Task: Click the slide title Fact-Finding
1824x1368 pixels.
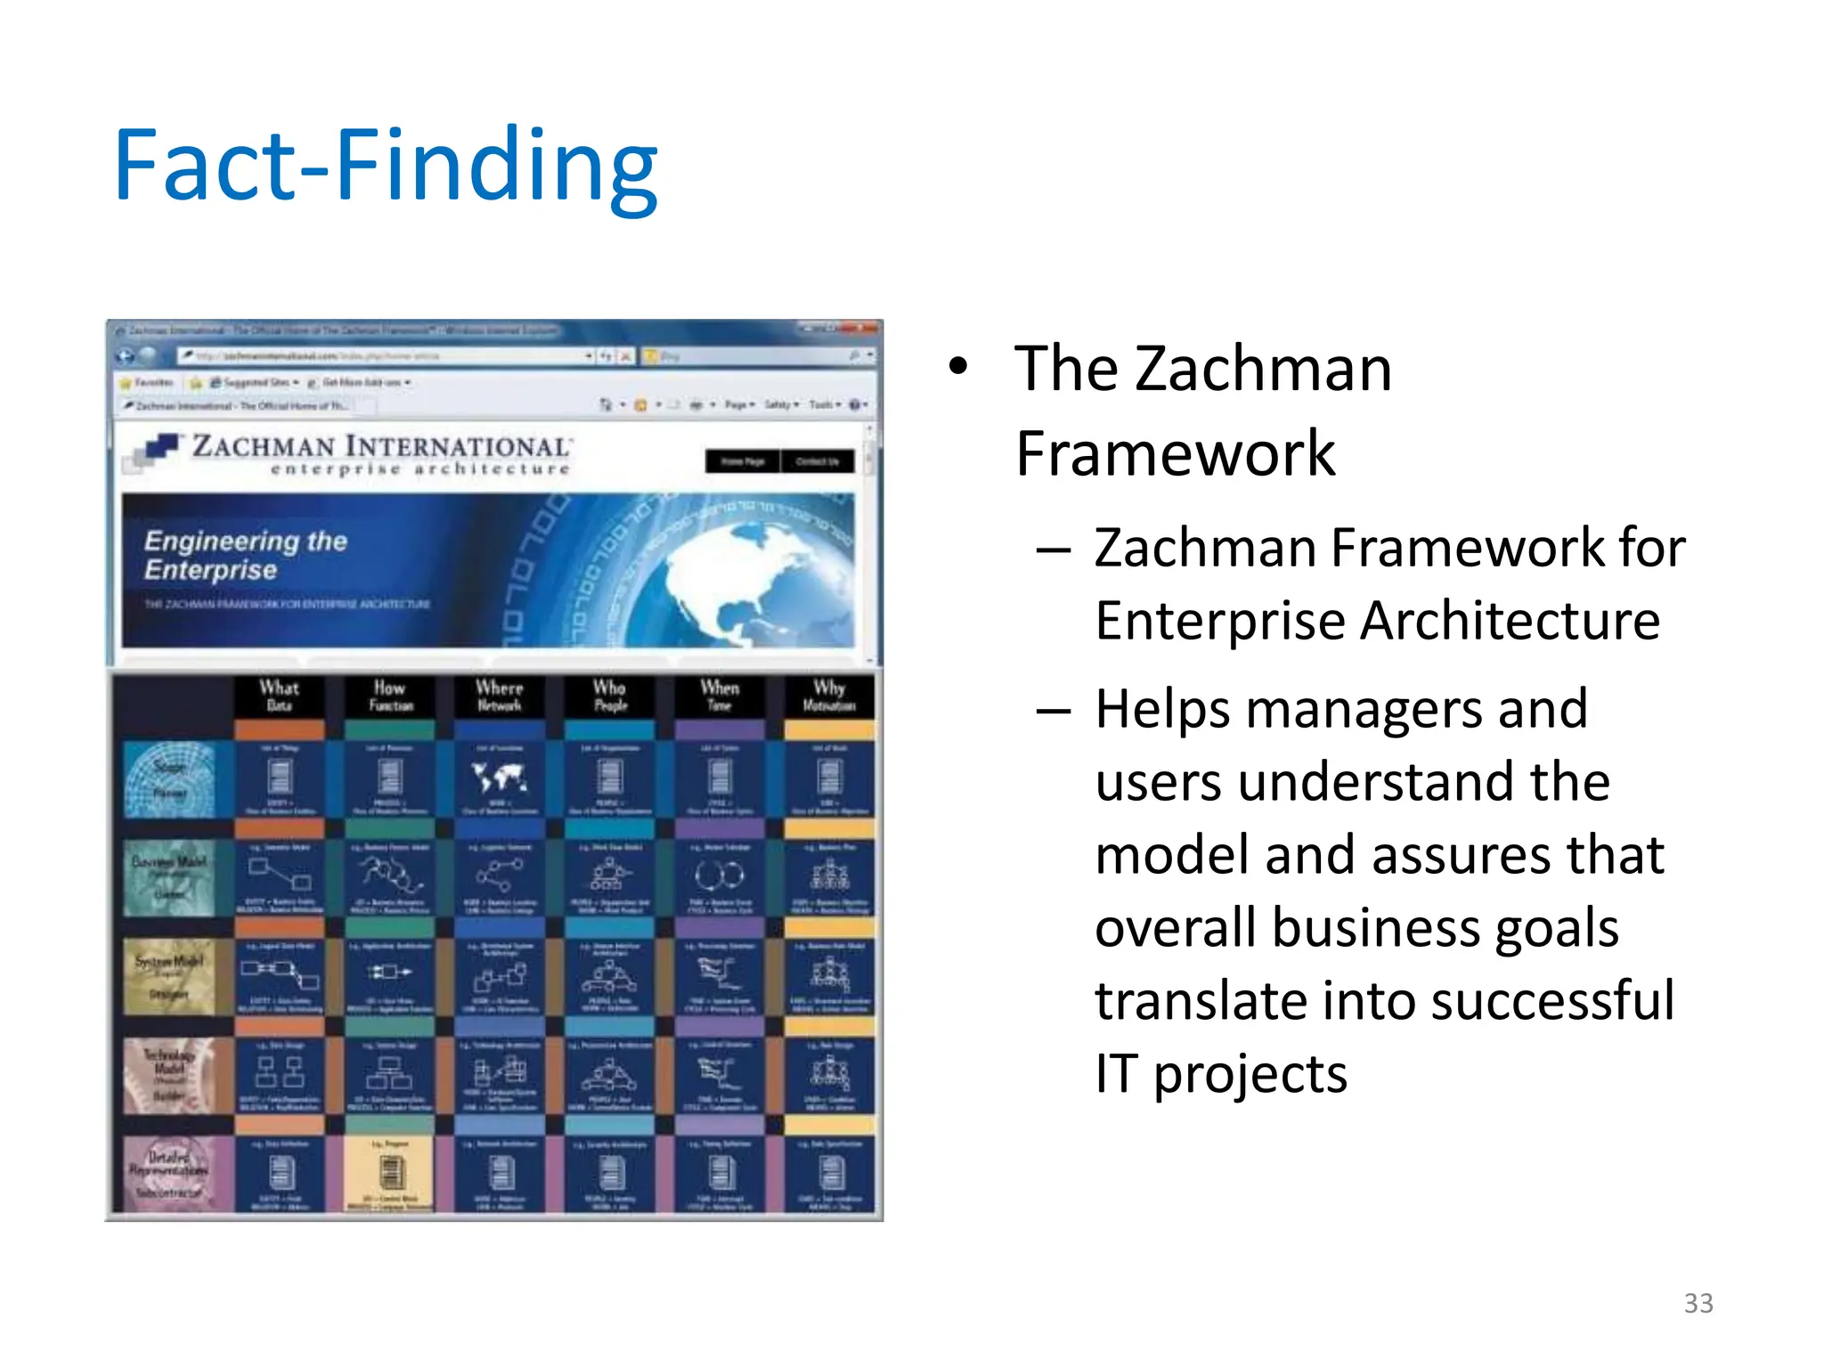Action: [x=385, y=166]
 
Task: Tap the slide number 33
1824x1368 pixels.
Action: [x=1698, y=1303]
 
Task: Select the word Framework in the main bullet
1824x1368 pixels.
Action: [x=1175, y=453]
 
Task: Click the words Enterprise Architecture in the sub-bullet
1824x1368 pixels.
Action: [x=1377, y=621]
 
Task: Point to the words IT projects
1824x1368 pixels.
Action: [x=1220, y=1074]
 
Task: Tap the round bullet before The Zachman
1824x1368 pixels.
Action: [x=957, y=366]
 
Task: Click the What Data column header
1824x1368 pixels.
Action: [x=279, y=696]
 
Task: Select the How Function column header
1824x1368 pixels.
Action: [x=390, y=696]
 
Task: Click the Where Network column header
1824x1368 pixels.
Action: [x=499, y=696]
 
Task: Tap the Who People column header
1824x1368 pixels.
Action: [x=610, y=696]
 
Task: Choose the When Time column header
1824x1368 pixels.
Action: [x=720, y=696]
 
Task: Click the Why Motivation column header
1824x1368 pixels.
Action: [x=829, y=696]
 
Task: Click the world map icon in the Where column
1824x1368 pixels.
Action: [x=500, y=778]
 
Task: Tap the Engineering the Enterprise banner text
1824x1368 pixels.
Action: [x=245, y=554]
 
